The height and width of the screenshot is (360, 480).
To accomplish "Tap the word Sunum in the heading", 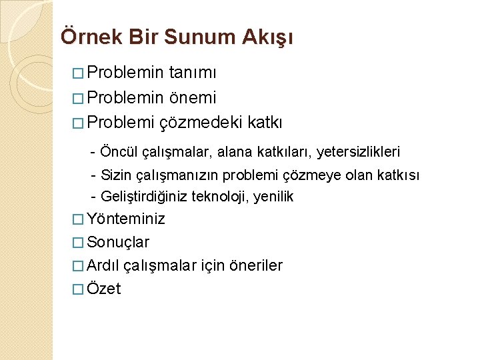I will (206, 37).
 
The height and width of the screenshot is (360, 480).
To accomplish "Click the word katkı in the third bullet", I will (265, 123).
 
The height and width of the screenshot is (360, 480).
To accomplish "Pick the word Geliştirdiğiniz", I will (143, 197).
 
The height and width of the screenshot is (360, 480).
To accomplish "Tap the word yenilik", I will (273, 197).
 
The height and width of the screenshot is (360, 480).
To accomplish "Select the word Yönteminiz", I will (126, 219).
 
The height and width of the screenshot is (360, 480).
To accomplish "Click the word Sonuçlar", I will (118, 242).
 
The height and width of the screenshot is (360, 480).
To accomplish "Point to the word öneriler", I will (255, 265).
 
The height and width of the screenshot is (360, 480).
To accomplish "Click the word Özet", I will (104, 289).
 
